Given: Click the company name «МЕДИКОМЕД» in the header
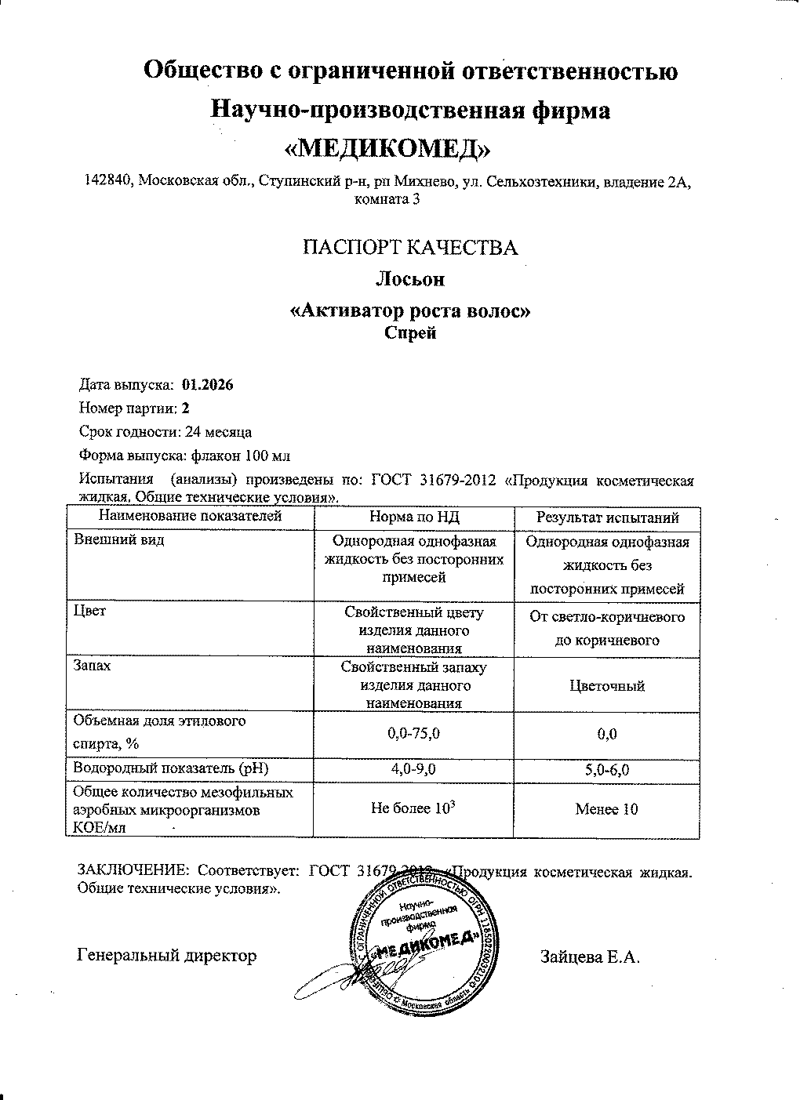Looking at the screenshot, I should click(x=400, y=147).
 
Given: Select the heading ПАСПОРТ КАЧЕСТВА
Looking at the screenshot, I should click(x=410, y=248).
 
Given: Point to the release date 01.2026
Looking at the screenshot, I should click(x=207, y=385).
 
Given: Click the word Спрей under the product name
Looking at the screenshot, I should click(x=409, y=332).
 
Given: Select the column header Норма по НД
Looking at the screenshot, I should click(x=413, y=517).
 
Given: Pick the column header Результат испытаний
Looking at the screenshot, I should click(x=607, y=517).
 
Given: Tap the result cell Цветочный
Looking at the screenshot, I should click(x=607, y=686).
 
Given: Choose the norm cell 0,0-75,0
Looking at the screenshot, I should click(x=414, y=734).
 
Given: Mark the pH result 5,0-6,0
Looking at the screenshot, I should click(x=607, y=771).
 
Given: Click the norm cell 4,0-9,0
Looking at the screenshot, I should click(x=414, y=770).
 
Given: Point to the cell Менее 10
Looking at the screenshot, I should click(x=607, y=809).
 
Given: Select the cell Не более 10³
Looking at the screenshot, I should click(x=414, y=808).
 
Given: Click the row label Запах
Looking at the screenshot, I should click(x=92, y=666).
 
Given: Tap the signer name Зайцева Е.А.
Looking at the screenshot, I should click(x=590, y=957).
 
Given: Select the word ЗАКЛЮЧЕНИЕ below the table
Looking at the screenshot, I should click(x=132, y=871).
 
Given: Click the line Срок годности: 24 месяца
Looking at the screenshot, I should click(x=165, y=431).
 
